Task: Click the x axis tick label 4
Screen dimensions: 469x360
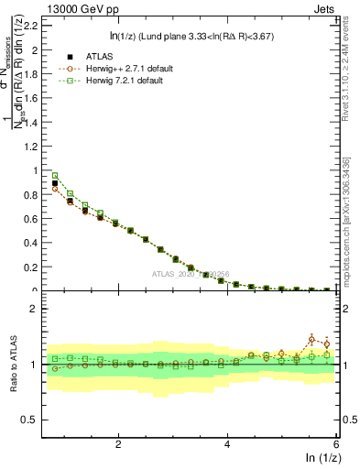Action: pos(227,443)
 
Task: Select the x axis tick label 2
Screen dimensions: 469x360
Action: pos(118,443)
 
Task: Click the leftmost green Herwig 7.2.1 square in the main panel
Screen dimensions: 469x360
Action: pos(55,175)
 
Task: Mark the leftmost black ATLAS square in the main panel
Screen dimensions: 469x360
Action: pos(55,183)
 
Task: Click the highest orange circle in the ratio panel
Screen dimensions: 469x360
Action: pos(311,339)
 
